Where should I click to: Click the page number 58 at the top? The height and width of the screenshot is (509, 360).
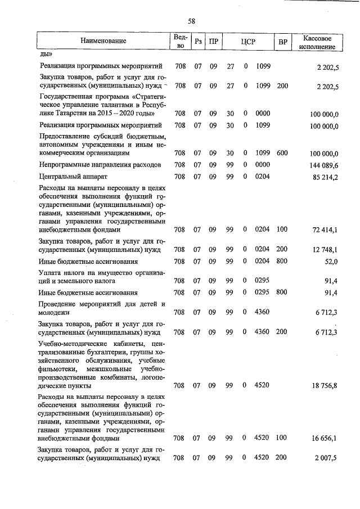tap(191, 21)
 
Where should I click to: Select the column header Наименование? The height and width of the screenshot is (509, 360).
tap(103, 40)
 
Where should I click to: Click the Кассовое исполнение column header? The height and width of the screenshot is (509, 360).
tap(319, 40)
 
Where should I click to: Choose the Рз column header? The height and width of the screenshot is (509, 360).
tap(198, 41)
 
